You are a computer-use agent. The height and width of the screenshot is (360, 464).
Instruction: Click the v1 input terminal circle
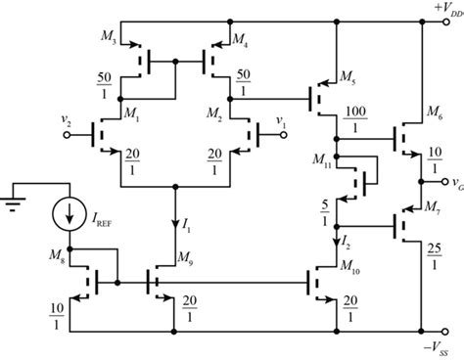(284, 135)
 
